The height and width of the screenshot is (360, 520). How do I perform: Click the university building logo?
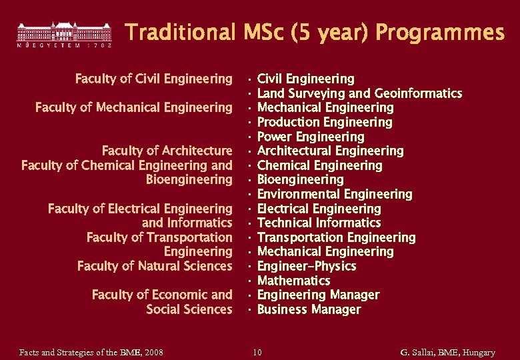pyautogui.click(x=64, y=33)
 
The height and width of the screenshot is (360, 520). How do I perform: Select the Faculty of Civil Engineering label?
pyautogui.click(x=153, y=79)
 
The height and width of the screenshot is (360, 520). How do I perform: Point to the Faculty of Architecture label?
pyautogui.click(x=167, y=151)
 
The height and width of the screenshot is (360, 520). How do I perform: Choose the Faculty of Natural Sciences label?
pyautogui.click(x=155, y=266)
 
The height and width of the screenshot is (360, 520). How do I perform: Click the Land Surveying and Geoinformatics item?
pyautogui.click(x=359, y=93)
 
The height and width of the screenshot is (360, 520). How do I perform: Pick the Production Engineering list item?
pyautogui.click(x=325, y=122)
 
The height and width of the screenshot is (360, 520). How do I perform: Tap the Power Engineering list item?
pyautogui.click(x=311, y=137)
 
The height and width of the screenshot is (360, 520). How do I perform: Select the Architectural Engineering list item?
pyautogui.click(x=330, y=151)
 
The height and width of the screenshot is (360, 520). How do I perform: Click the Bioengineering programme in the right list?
pyautogui.click(x=300, y=179)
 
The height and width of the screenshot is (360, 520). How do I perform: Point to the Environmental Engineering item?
pyautogui.click(x=335, y=194)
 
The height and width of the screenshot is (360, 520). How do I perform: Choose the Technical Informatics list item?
pyautogui.click(x=319, y=223)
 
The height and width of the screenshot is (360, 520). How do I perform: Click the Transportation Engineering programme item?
pyautogui.click(x=336, y=237)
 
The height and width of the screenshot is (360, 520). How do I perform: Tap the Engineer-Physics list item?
pyautogui.click(x=307, y=266)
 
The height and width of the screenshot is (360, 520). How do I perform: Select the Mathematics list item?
pyautogui.click(x=293, y=281)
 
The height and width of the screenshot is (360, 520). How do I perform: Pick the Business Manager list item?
pyautogui.click(x=309, y=309)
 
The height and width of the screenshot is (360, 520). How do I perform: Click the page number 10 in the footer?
pyautogui.click(x=257, y=352)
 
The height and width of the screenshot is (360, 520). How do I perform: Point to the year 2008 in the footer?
pyautogui.click(x=153, y=352)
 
